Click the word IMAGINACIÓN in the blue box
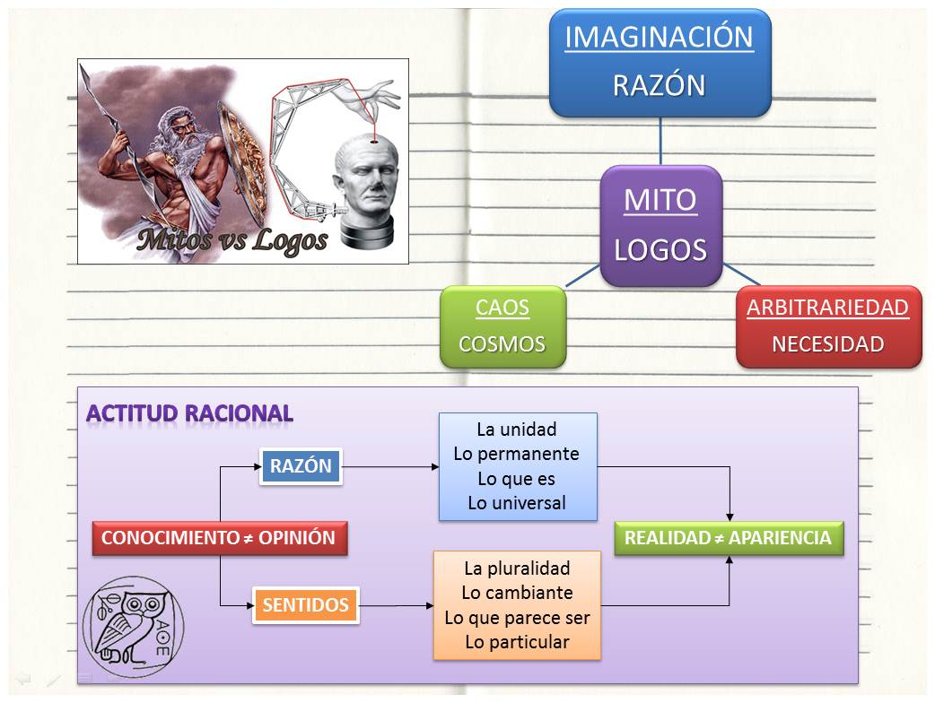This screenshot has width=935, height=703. click(x=659, y=38)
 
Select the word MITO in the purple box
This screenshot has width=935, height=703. click(x=660, y=200)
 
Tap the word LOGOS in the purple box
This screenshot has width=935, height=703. click(x=660, y=250)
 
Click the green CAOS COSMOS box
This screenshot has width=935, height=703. click(x=502, y=326)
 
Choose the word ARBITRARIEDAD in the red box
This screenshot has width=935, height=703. click(x=827, y=308)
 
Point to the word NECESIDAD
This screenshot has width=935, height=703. click(x=827, y=344)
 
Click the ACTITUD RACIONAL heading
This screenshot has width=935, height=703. click(x=189, y=413)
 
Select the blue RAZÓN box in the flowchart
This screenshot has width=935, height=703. click(x=301, y=466)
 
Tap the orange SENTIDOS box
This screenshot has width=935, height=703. click(x=305, y=605)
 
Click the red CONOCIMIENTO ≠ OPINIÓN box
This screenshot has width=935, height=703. click(x=219, y=539)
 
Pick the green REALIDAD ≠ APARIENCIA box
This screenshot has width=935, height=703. click(x=728, y=539)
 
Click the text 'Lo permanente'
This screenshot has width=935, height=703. click(x=516, y=454)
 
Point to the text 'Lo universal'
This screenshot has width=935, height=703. click(x=516, y=503)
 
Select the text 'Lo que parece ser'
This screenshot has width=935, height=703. click(x=517, y=618)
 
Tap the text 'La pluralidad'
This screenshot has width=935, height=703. click(x=517, y=568)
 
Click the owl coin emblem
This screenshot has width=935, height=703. click(x=133, y=625)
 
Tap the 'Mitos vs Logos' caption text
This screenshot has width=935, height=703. click(x=232, y=239)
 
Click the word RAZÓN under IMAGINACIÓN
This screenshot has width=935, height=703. click(x=659, y=86)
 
